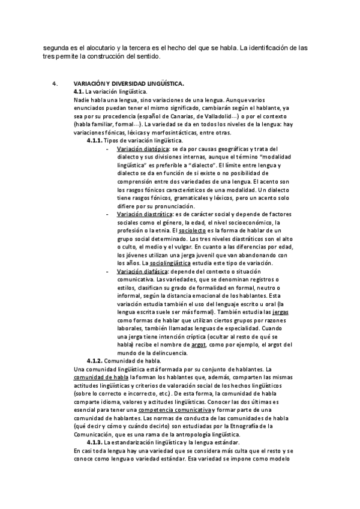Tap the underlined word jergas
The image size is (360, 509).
pos(280,313)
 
